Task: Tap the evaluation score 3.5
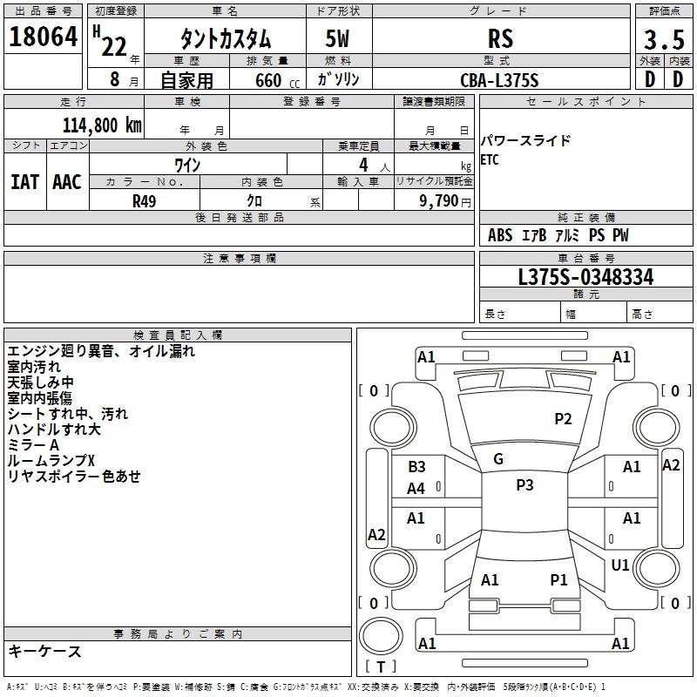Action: (662, 40)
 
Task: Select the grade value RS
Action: (500, 38)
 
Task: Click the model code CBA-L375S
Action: (499, 79)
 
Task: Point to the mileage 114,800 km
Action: (102, 125)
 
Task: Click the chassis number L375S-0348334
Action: (585, 278)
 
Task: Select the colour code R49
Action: (145, 200)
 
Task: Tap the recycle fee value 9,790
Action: (441, 200)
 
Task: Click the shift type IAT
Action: (24, 182)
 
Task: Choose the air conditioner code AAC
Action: (67, 182)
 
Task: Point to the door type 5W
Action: (339, 38)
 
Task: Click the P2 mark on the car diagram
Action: (564, 419)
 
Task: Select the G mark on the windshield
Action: (498, 459)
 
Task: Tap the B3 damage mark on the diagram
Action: (416, 467)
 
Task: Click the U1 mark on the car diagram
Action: (620, 565)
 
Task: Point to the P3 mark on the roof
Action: (524, 485)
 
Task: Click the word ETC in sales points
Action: (491, 160)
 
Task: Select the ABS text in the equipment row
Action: (500, 235)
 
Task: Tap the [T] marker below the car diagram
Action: (380, 667)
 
